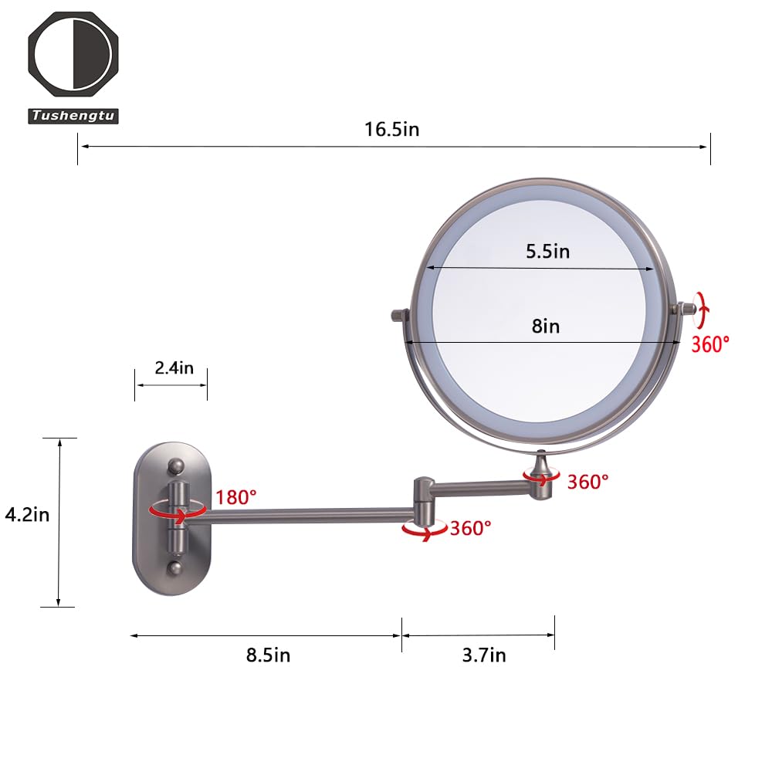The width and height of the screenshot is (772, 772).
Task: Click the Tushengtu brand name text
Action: (x=74, y=116)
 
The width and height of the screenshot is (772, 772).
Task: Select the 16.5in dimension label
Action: (x=392, y=129)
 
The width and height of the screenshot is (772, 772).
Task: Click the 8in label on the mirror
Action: (x=545, y=326)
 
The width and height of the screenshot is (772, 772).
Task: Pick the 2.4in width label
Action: (x=174, y=367)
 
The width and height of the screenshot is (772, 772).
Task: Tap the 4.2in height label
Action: (x=27, y=514)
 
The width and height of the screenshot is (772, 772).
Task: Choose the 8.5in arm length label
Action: (x=268, y=655)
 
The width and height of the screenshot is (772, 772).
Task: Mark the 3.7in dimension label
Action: (x=484, y=655)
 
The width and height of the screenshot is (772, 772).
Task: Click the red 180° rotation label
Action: (x=236, y=497)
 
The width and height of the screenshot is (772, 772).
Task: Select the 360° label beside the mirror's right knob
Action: (x=710, y=344)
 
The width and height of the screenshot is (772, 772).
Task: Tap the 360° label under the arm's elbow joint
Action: (x=471, y=529)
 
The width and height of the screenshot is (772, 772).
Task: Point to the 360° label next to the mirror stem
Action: (x=588, y=482)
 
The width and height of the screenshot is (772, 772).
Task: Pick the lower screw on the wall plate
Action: (x=177, y=569)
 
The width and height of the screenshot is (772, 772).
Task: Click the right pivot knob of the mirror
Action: (x=684, y=309)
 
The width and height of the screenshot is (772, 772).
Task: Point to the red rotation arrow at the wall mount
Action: (x=178, y=509)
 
